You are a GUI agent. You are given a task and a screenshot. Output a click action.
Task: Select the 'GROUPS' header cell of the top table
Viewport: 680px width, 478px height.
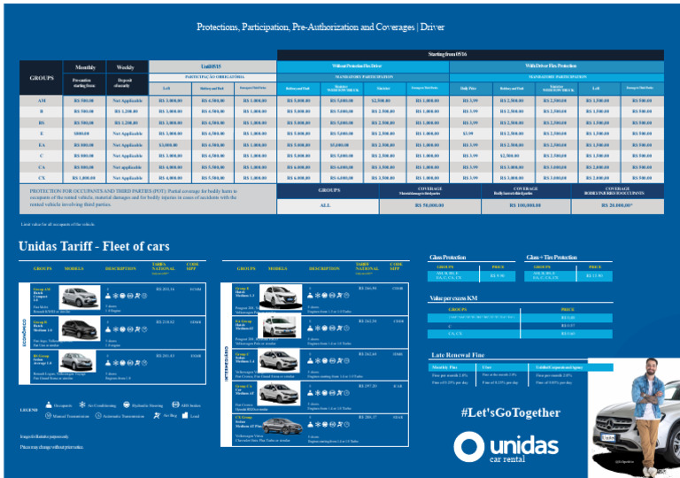tap(42, 78)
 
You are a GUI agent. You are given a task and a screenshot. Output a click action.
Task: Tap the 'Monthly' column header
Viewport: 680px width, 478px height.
tap(85, 67)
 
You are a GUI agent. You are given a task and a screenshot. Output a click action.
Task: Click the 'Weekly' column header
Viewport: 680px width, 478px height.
tap(126, 67)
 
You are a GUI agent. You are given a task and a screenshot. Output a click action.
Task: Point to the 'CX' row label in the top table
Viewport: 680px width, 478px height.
tap(42, 178)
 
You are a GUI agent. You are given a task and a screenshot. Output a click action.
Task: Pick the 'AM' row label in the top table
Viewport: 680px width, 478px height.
tap(42, 100)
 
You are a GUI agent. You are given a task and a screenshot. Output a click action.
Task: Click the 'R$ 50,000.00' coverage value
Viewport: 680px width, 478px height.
tap(429, 204)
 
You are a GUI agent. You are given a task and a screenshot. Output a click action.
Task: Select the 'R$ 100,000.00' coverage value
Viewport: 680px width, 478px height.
tap(526, 204)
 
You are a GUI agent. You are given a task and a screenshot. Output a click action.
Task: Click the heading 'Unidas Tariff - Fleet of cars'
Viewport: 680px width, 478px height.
tap(94, 246)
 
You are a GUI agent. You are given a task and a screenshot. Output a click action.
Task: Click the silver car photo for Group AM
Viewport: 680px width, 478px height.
tap(78, 297)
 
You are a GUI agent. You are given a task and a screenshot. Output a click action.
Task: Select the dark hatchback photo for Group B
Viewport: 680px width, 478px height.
tap(78, 329)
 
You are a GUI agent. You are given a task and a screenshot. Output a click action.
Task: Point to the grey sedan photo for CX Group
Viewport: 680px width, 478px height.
tap(282, 423)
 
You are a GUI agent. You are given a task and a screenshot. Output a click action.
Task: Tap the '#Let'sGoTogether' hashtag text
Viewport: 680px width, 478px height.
tap(511, 412)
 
